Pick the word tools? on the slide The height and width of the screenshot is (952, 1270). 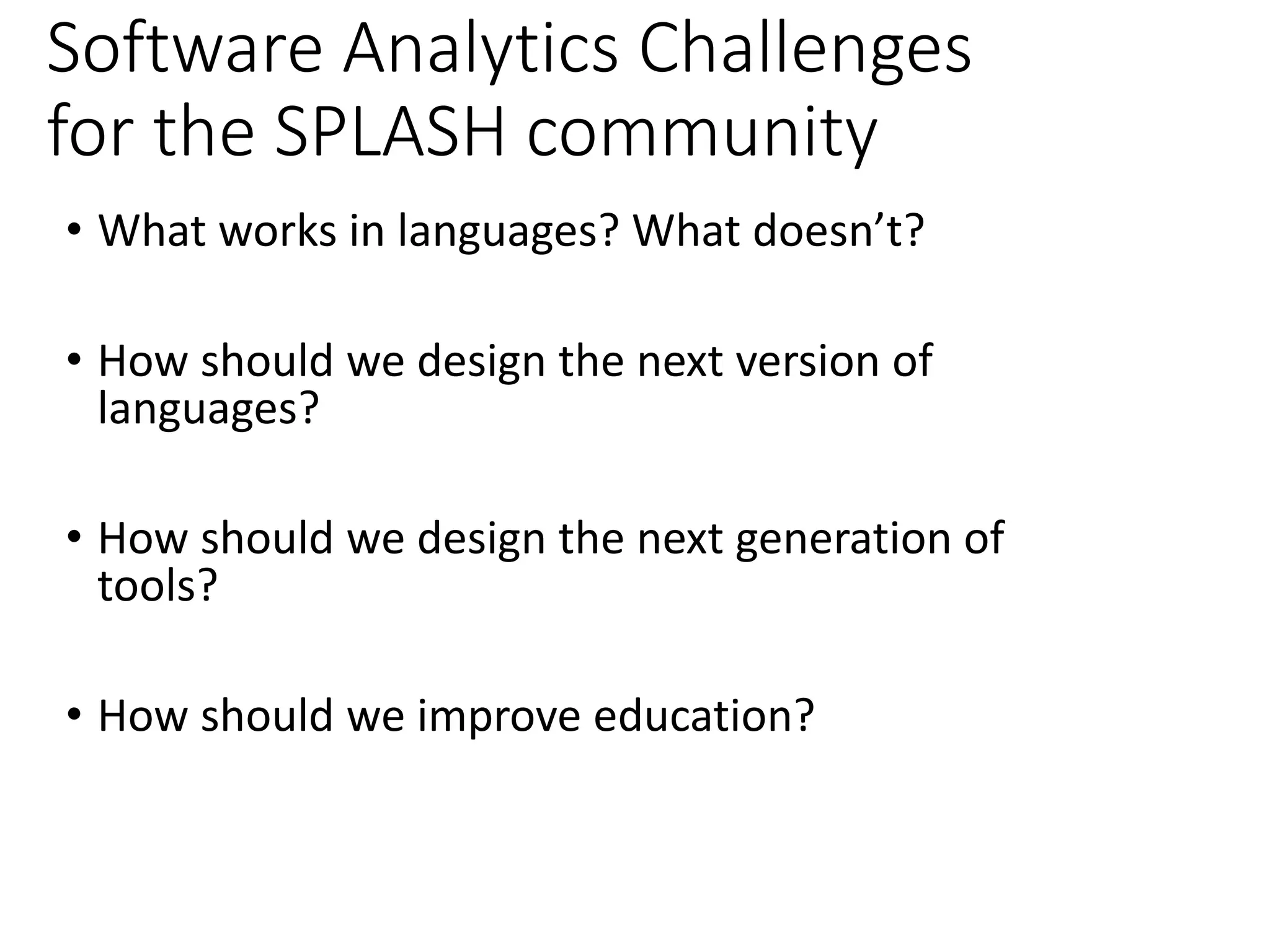[158, 585]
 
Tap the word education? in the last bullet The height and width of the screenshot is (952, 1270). [703, 715]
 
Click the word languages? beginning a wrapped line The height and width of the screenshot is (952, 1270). [208, 409]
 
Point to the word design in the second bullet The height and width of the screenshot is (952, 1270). [481, 361]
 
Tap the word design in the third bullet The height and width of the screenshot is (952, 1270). [481, 538]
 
